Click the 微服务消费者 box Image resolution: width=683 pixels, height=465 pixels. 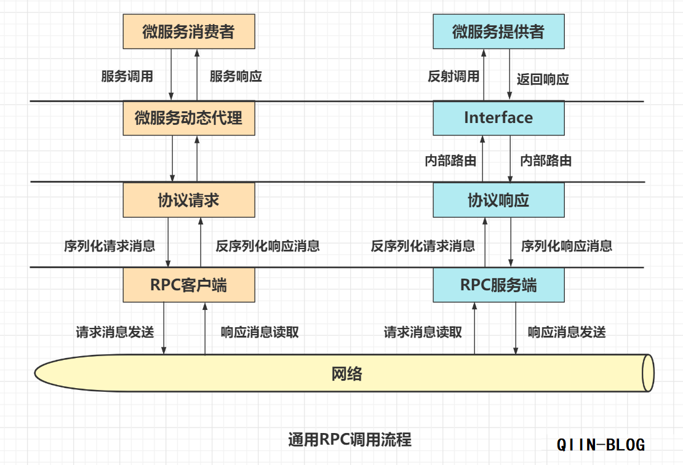click(189, 32)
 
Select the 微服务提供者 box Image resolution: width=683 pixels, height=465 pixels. click(498, 32)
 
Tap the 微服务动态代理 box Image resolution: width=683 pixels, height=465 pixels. click(189, 117)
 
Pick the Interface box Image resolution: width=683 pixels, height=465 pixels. click(498, 117)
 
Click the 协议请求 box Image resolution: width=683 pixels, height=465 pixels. click(189, 200)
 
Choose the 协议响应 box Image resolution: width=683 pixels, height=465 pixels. click(498, 200)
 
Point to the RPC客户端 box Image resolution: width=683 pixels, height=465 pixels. click(189, 285)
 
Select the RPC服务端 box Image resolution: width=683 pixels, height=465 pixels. click(498, 285)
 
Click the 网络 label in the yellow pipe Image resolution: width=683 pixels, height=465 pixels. click(347, 373)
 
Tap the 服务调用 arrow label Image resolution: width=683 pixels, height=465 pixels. click(127, 76)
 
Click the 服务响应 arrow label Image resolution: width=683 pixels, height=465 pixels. click(236, 76)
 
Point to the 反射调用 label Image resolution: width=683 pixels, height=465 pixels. click(453, 76)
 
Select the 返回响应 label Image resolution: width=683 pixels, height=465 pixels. click(543, 79)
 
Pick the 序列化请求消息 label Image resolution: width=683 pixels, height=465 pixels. click(110, 246)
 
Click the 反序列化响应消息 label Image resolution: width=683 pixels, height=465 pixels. click(268, 246)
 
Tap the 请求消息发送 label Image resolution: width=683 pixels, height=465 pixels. click(115, 332)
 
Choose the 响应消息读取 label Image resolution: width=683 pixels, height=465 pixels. click(260, 332)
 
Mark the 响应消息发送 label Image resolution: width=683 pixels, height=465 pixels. click(567, 332)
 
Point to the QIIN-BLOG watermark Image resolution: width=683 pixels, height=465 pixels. click(601, 444)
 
